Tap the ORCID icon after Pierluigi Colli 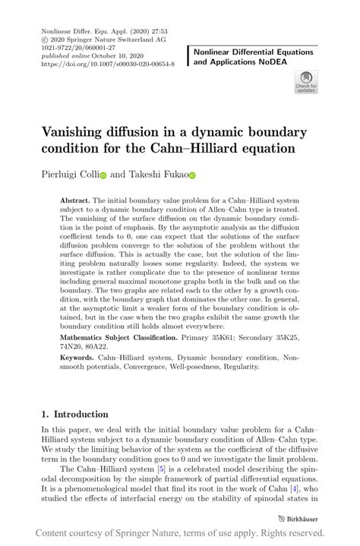(x=103, y=175)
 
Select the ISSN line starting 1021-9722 (x=72, y=48)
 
